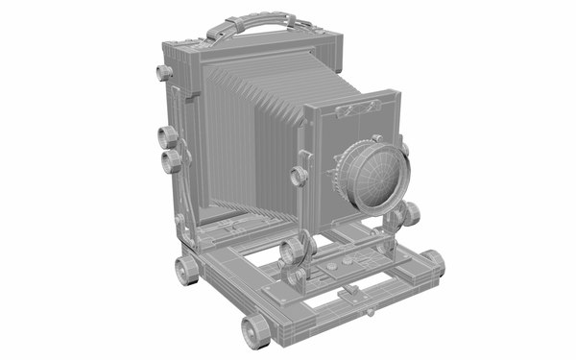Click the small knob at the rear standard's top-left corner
[162, 73]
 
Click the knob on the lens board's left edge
[300, 175]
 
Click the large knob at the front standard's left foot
[293, 253]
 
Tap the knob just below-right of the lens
[407, 214]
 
